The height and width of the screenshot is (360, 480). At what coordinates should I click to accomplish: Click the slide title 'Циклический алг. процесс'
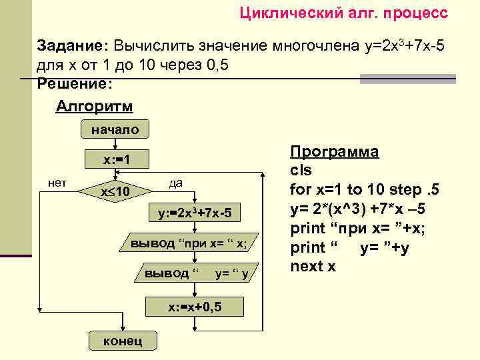click(343, 13)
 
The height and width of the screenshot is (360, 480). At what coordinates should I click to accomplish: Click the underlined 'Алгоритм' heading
click(94, 107)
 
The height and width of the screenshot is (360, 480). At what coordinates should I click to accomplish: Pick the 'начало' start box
click(115, 130)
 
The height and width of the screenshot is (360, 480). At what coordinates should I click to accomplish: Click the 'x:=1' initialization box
click(115, 161)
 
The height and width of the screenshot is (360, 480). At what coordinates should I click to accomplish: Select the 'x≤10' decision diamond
click(115, 192)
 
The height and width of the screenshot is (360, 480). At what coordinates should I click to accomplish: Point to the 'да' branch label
click(176, 182)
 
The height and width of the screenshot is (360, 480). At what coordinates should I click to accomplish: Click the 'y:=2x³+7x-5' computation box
click(194, 214)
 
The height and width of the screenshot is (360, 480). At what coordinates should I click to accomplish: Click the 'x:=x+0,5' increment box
click(194, 306)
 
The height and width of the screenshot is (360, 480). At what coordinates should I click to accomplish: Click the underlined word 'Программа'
click(335, 151)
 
